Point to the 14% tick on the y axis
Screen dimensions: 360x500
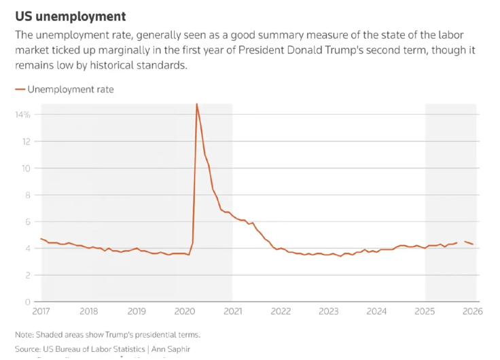(x=22, y=115)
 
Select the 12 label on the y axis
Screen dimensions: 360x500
(x=25, y=141)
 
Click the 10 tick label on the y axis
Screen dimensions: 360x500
(x=25, y=168)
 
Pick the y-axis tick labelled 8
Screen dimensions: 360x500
(x=27, y=195)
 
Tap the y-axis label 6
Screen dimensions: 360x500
(x=27, y=221)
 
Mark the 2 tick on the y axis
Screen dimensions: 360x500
(x=27, y=275)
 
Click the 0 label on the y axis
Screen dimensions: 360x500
(x=27, y=302)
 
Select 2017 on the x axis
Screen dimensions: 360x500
(x=41, y=312)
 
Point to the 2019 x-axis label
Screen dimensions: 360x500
(x=137, y=312)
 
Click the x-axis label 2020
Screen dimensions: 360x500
(x=185, y=312)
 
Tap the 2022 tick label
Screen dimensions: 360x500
(x=281, y=312)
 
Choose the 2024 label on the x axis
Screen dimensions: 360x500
(x=376, y=312)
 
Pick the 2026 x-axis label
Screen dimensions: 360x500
(x=472, y=312)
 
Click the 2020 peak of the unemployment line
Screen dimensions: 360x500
(x=197, y=105)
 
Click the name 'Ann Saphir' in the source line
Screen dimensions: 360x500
(x=171, y=349)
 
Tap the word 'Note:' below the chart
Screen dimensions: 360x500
(x=25, y=335)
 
